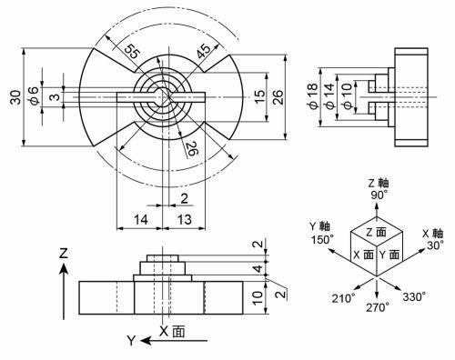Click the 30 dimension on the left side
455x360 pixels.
(x=15, y=97)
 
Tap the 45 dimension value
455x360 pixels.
(x=203, y=49)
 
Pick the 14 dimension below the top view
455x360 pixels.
(x=139, y=220)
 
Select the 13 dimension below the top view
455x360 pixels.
(x=181, y=220)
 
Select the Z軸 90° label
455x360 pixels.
(x=378, y=188)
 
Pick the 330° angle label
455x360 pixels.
(x=414, y=296)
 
